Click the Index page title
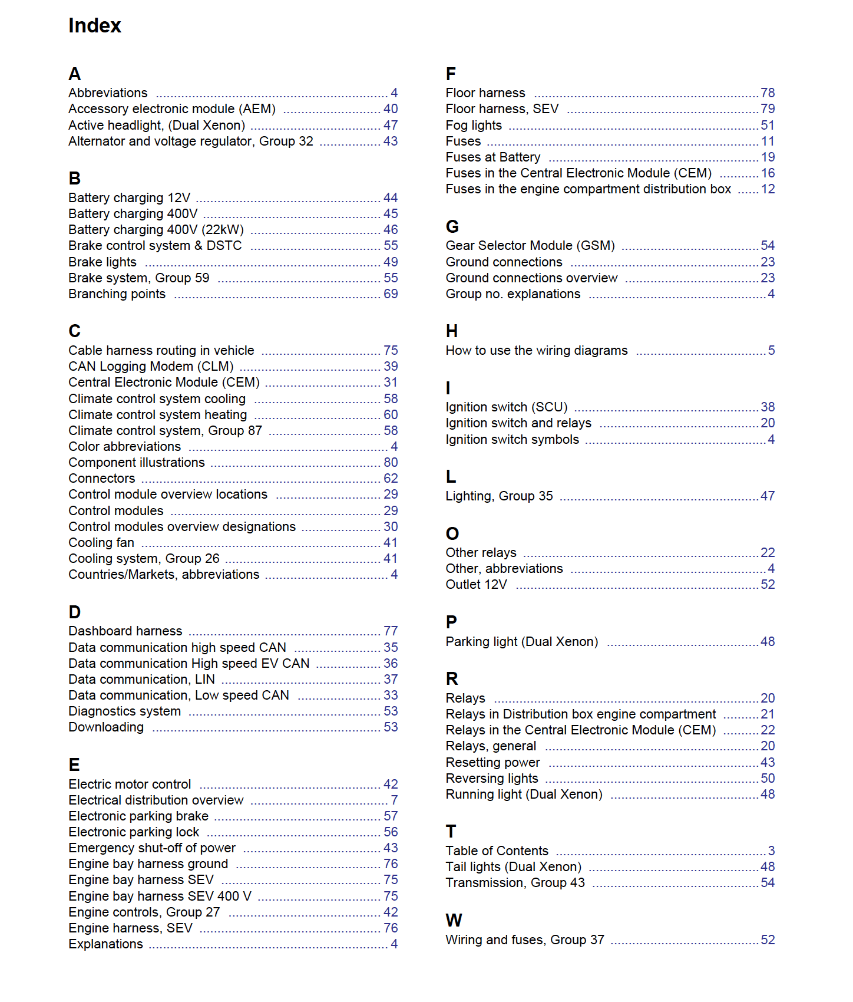(94, 26)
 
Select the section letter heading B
(75, 178)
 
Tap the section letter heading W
(454, 920)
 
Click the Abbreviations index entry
(108, 93)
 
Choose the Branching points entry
(117, 294)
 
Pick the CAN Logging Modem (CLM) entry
(151, 367)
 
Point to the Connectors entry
(101, 479)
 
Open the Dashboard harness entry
(125, 631)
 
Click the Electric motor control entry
(130, 785)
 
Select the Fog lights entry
(474, 126)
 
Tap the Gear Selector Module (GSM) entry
(530, 246)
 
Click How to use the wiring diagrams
(536, 351)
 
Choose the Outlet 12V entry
(476, 585)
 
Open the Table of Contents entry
(497, 851)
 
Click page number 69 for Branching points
(391, 294)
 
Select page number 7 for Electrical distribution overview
(394, 800)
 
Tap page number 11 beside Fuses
(768, 141)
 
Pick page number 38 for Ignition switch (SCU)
(768, 407)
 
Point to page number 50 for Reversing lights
(768, 779)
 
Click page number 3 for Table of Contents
(771, 851)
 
